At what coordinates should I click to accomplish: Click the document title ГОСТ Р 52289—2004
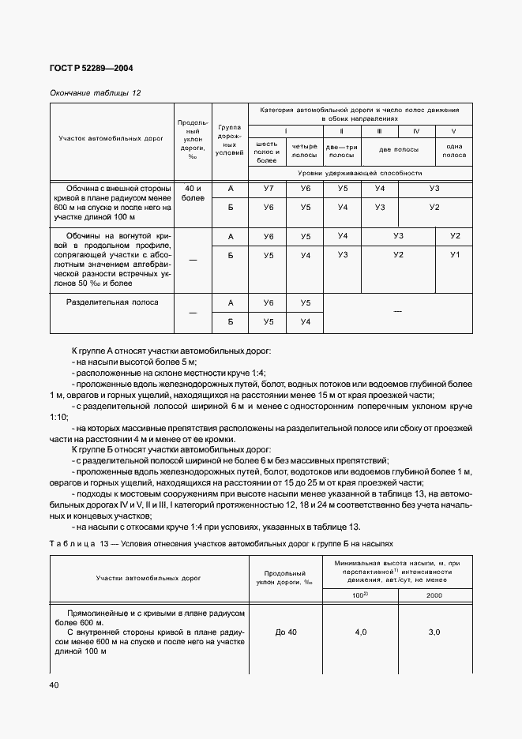(92, 69)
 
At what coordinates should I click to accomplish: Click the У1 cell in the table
(454, 255)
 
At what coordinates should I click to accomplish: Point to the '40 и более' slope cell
(193, 193)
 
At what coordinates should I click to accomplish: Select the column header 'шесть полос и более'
(268, 152)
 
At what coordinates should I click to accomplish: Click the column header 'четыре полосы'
(304, 152)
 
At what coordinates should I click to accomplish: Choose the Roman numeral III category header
(379, 131)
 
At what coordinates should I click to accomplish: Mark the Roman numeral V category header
(454, 131)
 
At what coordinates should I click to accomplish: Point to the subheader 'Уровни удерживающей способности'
(360, 172)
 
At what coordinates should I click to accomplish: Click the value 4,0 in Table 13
(360, 632)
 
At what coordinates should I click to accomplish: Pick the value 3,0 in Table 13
(434, 632)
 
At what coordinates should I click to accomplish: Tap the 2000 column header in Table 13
(434, 596)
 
